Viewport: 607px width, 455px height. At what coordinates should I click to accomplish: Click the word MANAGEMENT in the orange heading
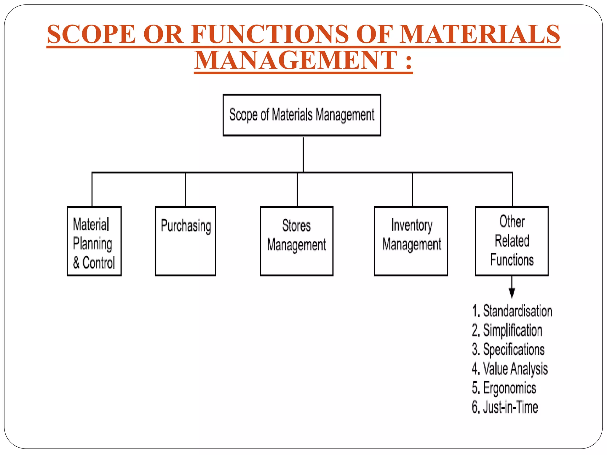tap(296, 60)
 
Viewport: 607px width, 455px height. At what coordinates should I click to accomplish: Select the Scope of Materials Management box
tap(302, 115)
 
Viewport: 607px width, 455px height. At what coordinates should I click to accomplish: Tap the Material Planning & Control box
tap(94, 241)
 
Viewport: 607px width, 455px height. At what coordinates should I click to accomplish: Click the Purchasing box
tap(186, 241)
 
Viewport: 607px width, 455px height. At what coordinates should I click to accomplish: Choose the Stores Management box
tap(296, 241)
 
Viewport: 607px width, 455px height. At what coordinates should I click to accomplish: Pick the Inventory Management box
tap(411, 241)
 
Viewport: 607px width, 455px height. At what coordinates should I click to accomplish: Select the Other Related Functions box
tap(512, 241)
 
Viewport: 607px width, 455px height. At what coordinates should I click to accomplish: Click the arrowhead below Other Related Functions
tap(512, 293)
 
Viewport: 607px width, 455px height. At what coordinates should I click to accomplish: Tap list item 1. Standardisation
tap(512, 311)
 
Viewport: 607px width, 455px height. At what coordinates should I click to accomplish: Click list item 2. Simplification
tap(507, 330)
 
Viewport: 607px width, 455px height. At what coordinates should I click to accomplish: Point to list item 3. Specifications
tap(508, 350)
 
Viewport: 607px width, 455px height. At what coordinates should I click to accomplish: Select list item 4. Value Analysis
tap(509, 369)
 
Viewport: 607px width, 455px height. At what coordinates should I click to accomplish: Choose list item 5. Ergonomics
tap(504, 388)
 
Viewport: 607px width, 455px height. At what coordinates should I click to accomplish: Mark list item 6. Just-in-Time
tap(505, 407)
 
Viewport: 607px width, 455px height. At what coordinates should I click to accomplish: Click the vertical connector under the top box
tap(303, 154)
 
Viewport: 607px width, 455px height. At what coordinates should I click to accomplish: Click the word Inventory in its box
tap(412, 225)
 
